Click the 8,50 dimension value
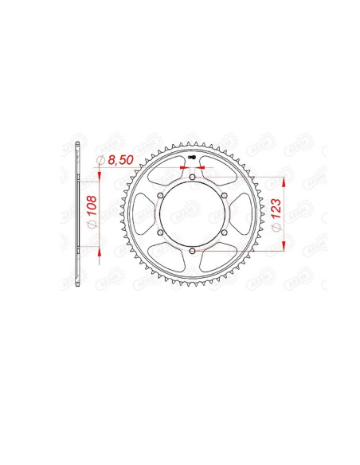coord(120,161)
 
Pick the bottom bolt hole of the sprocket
coord(193,252)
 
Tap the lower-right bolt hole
coord(225,232)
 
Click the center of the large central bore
coord(193,214)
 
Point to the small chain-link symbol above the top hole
coord(193,158)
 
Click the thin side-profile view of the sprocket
coord(77,214)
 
